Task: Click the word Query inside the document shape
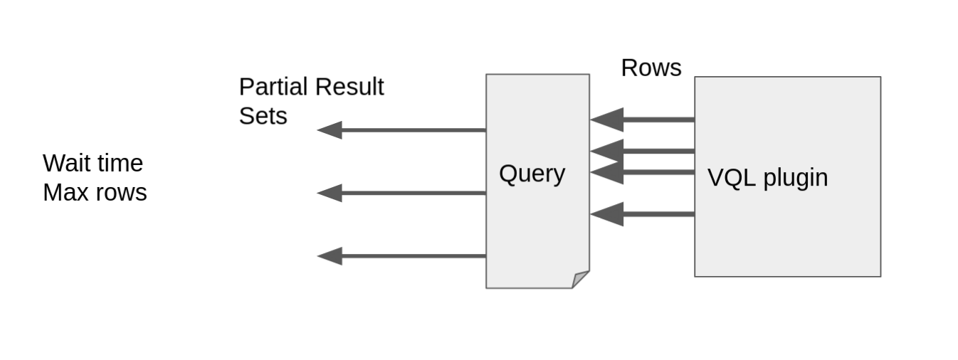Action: click(532, 174)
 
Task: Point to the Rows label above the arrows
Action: click(651, 68)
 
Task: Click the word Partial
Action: click(273, 87)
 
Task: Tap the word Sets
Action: click(263, 116)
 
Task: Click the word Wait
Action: click(67, 164)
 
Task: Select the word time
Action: click(120, 164)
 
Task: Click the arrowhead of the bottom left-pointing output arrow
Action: click(330, 256)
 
